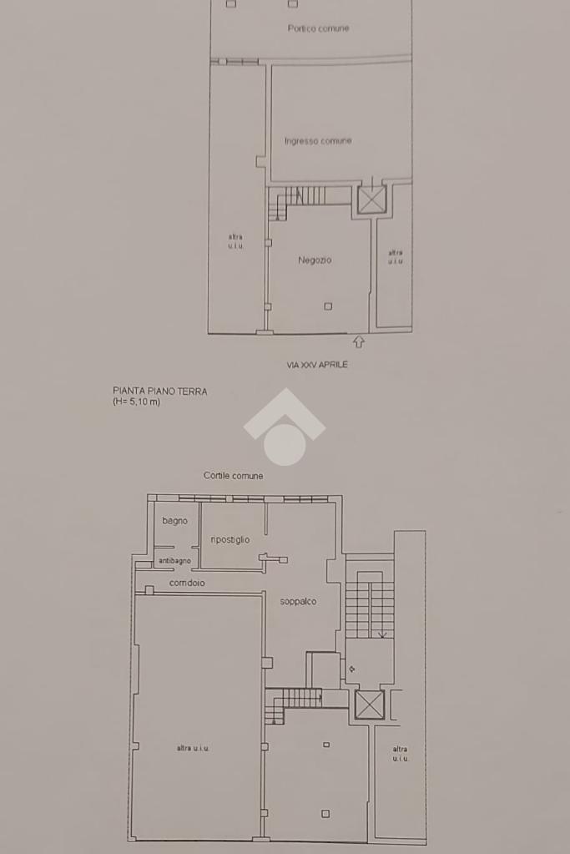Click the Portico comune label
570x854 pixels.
[x=318, y=28]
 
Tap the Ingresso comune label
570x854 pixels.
[x=318, y=141]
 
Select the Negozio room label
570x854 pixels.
[x=315, y=260]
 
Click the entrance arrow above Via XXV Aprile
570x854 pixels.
[x=358, y=342]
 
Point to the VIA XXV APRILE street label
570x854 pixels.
[x=317, y=365]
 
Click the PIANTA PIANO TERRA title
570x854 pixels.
[x=160, y=391]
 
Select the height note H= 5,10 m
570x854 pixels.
[x=137, y=402]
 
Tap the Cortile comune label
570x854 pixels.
[x=233, y=476]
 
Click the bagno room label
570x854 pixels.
[x=174, y=521]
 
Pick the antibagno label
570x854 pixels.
[x=174, y=560]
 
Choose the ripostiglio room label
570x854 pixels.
[x=230, y=540]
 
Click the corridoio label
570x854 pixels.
[x=187, y=583]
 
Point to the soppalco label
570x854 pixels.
[x=298, y=601]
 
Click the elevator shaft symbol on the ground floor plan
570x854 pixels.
[x=372, y=200]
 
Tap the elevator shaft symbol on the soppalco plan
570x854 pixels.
[x=370, y=705]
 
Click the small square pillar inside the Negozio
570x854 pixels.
[x=328, y=306]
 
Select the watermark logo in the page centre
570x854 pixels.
[x=285, y=427]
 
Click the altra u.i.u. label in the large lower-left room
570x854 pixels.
[x=193, y=748]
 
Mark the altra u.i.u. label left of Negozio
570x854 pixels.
[x=235, y=241]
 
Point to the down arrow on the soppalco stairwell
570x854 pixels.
[x=383, y=634]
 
